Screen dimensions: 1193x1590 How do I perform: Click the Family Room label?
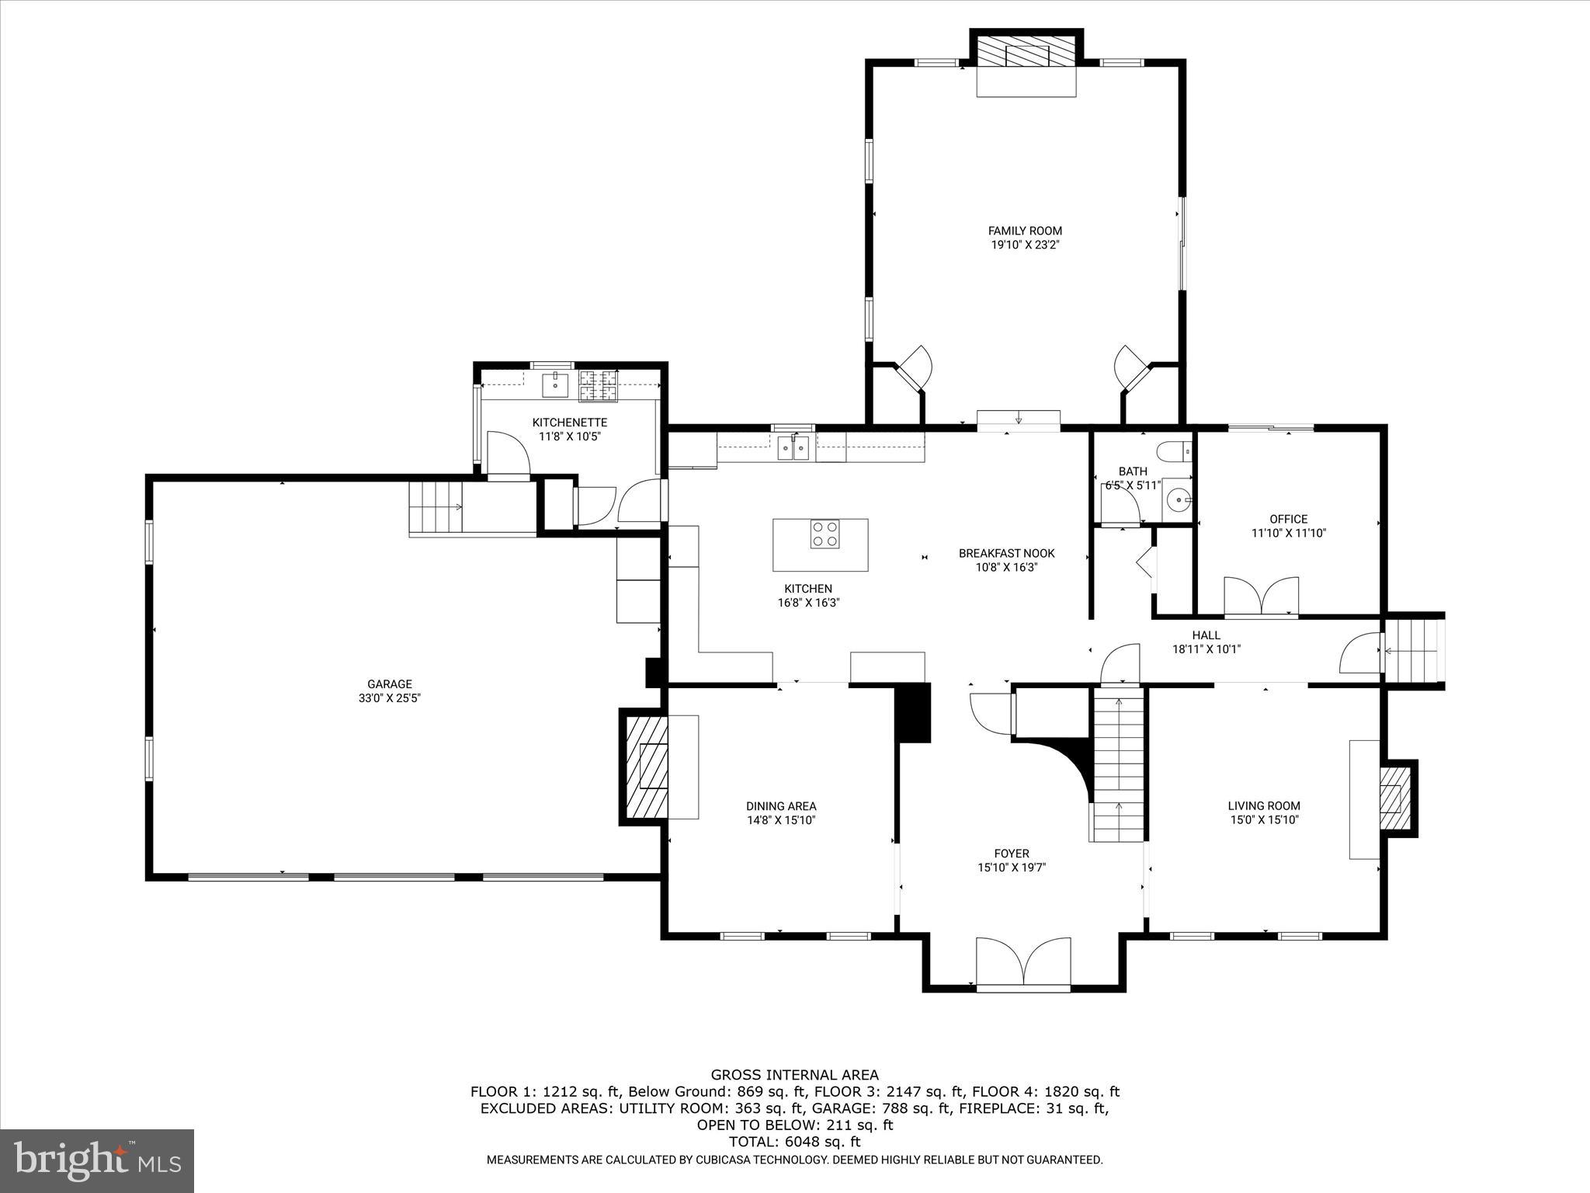click(1025, 231)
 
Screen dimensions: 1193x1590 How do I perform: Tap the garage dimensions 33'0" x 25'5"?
click(389, 698)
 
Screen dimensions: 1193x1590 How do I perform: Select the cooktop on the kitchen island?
click(825, 534)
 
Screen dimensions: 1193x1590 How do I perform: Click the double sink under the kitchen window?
click(793, 449)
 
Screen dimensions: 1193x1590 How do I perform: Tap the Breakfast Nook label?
click(1006, 554)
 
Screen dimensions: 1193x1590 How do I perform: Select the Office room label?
click(1288, 519)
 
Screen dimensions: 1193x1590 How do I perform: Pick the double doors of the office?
click(1261, 597)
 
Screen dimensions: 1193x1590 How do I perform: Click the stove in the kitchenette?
click(598, 386)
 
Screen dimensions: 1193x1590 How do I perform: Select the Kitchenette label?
click(569, 423)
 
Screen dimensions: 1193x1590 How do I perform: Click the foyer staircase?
click(1118, 766)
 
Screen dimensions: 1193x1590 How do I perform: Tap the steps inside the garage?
click(436, 506)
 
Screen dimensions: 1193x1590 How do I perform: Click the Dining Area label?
click(781, 806)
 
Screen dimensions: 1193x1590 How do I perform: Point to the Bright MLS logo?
click(97, 1160)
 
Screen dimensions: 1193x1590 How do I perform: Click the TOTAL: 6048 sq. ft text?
click(794, 1142)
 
